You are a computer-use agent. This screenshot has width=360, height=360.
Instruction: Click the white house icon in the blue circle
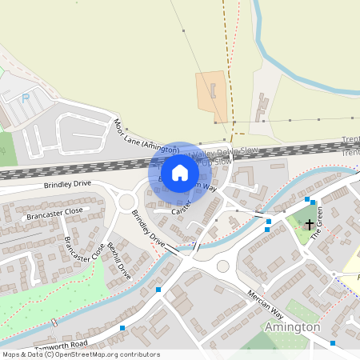[x=180, y=173]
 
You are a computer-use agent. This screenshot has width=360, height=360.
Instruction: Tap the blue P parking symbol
[x=25, y=98]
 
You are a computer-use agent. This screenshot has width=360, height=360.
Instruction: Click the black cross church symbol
[x=310, y=226]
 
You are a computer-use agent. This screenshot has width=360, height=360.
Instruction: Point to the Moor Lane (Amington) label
[x=146, y=138]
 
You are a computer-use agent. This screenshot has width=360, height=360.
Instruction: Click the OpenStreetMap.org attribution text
[x=95, y=354]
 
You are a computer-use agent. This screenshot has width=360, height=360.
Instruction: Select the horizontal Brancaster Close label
[x=54, y=213]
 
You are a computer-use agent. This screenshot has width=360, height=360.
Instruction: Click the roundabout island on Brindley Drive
[x=126, y=202]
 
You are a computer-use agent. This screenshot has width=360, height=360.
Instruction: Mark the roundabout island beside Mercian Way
[x=223, y=266]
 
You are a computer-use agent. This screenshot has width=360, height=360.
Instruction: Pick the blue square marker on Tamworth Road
[x=122, y=328]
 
